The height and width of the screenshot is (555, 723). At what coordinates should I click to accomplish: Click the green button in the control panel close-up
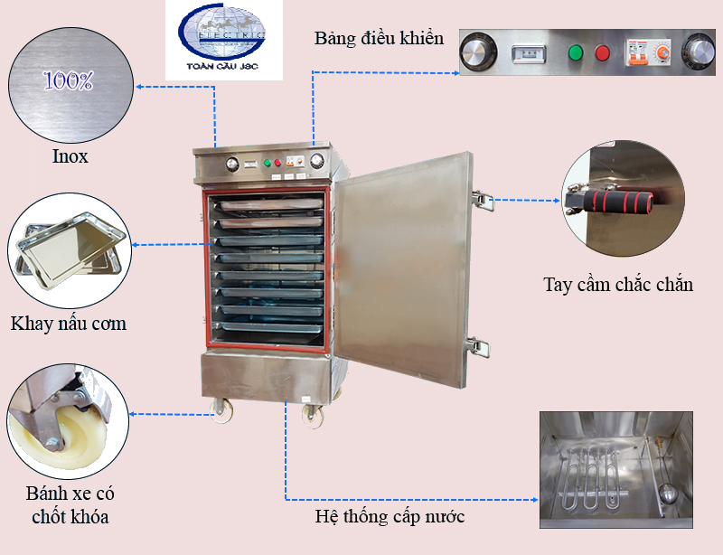[x=576, y=52]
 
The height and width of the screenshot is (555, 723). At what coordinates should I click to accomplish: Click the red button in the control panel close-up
[x=602, y=52]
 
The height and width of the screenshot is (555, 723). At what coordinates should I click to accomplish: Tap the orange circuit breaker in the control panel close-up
[x=636, y=54]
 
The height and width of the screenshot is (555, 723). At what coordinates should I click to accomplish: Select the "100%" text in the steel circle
[x=69, y=80]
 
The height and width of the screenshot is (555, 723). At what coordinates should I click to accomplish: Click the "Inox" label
[x=70, y=156]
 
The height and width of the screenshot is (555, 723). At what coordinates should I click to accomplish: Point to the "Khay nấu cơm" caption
[x=69, y=324]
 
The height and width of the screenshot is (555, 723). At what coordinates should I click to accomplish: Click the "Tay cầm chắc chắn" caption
[x=618, y=284]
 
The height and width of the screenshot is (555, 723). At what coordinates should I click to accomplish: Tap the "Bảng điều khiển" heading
[x=379, y=38]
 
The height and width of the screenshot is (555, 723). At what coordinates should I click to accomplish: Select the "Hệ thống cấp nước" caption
[x=390, y=516]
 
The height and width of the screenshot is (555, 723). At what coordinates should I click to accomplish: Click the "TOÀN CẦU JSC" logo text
[x=222, y=66]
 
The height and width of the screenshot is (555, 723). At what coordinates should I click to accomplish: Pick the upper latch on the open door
[x=483, y=201]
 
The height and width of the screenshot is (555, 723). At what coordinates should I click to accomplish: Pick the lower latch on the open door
[x=479, y=347]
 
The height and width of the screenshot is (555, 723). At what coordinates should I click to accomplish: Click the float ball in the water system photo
[x=667, y=494]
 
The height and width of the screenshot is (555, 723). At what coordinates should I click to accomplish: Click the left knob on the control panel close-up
[x=478, y=52]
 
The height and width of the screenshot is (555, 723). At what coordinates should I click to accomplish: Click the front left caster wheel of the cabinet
[x=221, y=410]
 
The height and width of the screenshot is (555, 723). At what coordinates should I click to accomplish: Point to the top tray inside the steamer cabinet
[x=271, y=204]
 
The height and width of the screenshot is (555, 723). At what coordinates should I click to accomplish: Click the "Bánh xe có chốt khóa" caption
[x=70, y=505]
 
